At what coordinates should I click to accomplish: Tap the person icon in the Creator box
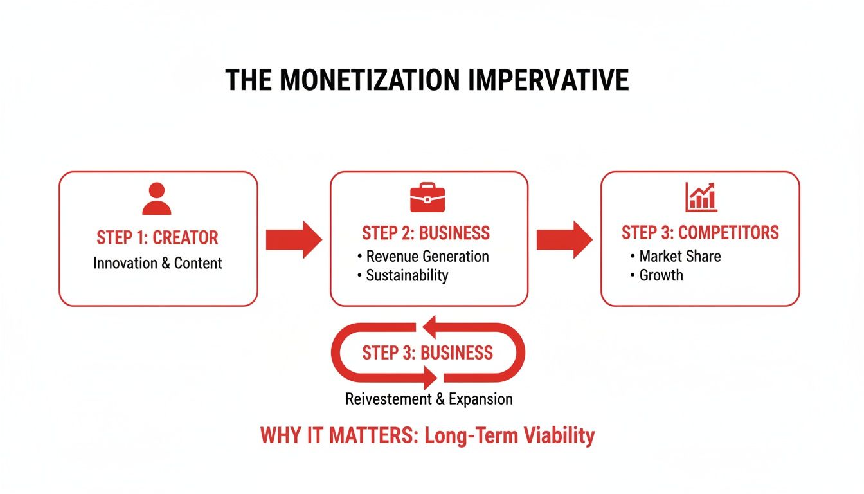pos(157,199)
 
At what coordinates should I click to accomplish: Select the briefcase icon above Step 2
pos(428,198)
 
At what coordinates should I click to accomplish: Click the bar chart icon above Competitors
pos(701,197)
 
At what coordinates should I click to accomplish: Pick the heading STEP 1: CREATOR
pos(157,237)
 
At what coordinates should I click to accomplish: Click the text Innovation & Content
pos(157,262)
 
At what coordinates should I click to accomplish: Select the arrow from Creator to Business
pos(293,239)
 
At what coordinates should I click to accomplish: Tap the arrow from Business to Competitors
pos(564,239)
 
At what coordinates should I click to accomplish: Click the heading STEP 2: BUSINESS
pos(426,233)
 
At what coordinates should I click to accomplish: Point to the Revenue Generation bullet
pos(427,256)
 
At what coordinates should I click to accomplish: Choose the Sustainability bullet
pos(406,275)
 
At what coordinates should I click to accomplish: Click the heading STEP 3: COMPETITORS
pos(700,232)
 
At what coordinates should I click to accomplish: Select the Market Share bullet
pos(679,256)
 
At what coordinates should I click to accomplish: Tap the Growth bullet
pos(661,275)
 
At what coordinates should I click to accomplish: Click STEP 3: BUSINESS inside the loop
pos(428,352)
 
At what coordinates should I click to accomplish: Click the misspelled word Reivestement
pos(388,399)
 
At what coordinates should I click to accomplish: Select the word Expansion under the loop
pos(480,399)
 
